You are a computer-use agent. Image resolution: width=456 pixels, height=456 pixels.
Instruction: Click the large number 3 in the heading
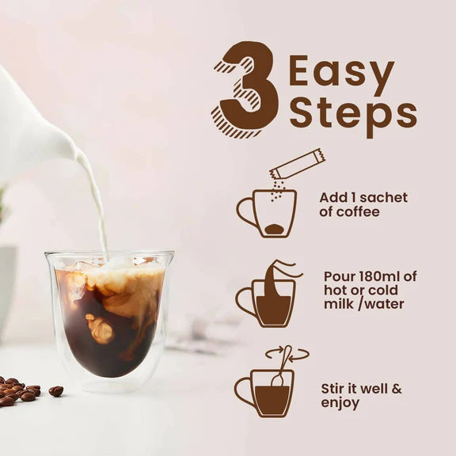245,89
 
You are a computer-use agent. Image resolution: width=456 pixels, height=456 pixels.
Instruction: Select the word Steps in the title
353,116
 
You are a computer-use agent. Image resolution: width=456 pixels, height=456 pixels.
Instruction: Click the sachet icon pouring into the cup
297,164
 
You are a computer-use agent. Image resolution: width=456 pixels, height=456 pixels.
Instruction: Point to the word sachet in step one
384,198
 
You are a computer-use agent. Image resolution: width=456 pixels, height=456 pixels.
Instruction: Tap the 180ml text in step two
380,276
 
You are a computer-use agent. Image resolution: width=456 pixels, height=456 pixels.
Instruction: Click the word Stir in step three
334,389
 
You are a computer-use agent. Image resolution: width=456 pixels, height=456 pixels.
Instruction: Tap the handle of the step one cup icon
245,211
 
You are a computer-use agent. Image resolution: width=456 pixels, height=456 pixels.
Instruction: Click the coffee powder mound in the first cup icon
274,229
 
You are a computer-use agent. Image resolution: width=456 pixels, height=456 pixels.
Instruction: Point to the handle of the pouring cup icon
245,302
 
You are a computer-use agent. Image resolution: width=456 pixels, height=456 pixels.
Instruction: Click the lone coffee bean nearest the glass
56,391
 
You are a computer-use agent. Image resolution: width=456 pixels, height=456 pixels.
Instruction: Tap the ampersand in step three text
396,389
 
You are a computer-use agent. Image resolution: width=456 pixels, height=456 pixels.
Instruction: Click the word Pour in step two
338,276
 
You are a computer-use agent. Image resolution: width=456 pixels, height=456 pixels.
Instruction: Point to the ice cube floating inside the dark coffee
100,327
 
